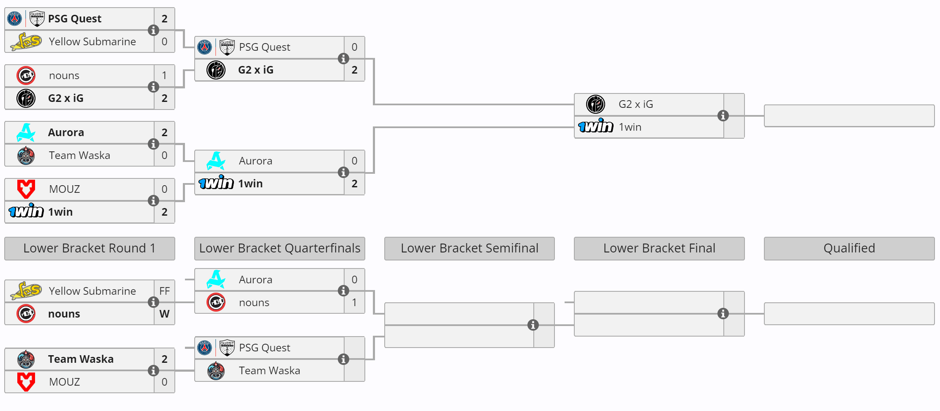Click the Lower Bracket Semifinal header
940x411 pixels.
coord(469,248)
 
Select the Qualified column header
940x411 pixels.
coord(849,248)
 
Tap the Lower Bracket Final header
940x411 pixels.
coord(659,248)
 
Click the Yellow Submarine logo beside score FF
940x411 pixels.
coord(26,291)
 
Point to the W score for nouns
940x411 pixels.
coord(164,314)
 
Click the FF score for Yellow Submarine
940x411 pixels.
coord(164,291)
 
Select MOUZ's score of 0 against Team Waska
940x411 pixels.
coord(164,382)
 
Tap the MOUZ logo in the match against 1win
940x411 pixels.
coord(26,189)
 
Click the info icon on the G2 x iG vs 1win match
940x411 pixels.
coord(723,115)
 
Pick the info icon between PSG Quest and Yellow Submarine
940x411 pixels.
coord(153,30)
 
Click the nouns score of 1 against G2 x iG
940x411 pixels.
coord(164,75)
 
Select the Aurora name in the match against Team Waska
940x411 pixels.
coord(66,132)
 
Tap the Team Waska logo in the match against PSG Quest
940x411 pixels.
coord(216,370)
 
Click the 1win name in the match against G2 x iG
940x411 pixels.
coord(630,127)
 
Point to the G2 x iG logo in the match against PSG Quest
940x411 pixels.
coord(216,70)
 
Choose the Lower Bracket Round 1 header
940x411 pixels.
coord(89,248)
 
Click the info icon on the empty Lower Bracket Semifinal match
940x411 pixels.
coord(533,325)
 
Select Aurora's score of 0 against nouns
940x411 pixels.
coord(354,279)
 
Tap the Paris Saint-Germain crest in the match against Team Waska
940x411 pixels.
coord(205,348)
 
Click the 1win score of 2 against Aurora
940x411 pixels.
coord(354,184)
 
